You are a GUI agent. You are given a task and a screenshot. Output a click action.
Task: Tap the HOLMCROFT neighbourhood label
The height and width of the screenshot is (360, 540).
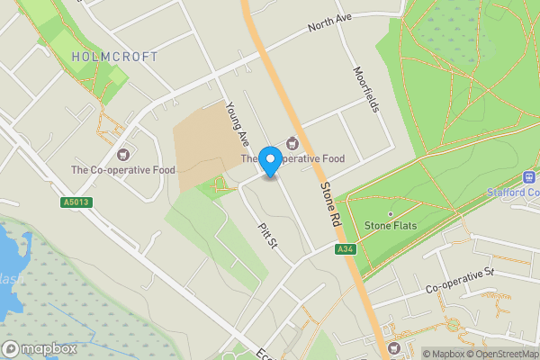tap(114, 57)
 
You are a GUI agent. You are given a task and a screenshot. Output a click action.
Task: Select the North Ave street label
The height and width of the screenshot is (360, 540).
tap(328, 24)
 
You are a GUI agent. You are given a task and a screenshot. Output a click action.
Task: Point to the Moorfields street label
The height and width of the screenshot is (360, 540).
tap(365, 89)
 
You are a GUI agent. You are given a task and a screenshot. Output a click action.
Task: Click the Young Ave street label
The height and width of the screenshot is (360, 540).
tap(238, 124)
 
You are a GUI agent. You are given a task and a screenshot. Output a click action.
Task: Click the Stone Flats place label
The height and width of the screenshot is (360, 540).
tap(391, 225)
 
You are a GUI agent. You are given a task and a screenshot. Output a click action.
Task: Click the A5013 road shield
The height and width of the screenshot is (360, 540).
tap(77, 202)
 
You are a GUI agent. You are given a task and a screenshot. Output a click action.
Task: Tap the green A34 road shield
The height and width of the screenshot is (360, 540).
tap(343, 248)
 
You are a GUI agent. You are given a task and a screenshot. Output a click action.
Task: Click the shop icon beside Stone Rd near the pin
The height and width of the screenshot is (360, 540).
tap(292, 143)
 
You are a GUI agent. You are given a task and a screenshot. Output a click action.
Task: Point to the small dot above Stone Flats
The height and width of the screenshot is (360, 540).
tap(391, 213)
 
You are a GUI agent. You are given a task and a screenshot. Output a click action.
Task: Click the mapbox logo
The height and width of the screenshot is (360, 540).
tap(39, 348)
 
